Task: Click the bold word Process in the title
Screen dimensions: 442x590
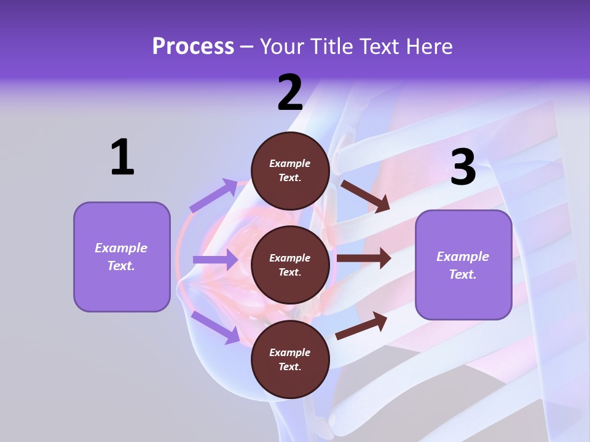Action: click(193, 47)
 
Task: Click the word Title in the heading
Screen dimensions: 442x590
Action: click(331, 47)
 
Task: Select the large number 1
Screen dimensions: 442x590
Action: click(122, 158)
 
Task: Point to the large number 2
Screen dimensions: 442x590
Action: click(290, 93)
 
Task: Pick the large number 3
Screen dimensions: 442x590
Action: click(463, 168)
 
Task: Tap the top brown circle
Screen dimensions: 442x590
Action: click(290, 171)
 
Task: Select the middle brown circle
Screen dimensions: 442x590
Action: click(290, 265)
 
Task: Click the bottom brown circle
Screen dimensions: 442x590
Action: click(290, 359)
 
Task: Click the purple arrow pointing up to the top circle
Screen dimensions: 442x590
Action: click(214, 196)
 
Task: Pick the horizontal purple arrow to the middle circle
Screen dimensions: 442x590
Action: click(215, 260)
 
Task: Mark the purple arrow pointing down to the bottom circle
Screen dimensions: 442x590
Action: click(215, 327)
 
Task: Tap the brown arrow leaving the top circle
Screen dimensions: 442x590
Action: click(365, 196)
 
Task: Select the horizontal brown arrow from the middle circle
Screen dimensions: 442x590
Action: click(364, 258)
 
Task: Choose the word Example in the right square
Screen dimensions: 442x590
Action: click(463, 257)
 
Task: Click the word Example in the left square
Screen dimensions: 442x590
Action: click(121, 248)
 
